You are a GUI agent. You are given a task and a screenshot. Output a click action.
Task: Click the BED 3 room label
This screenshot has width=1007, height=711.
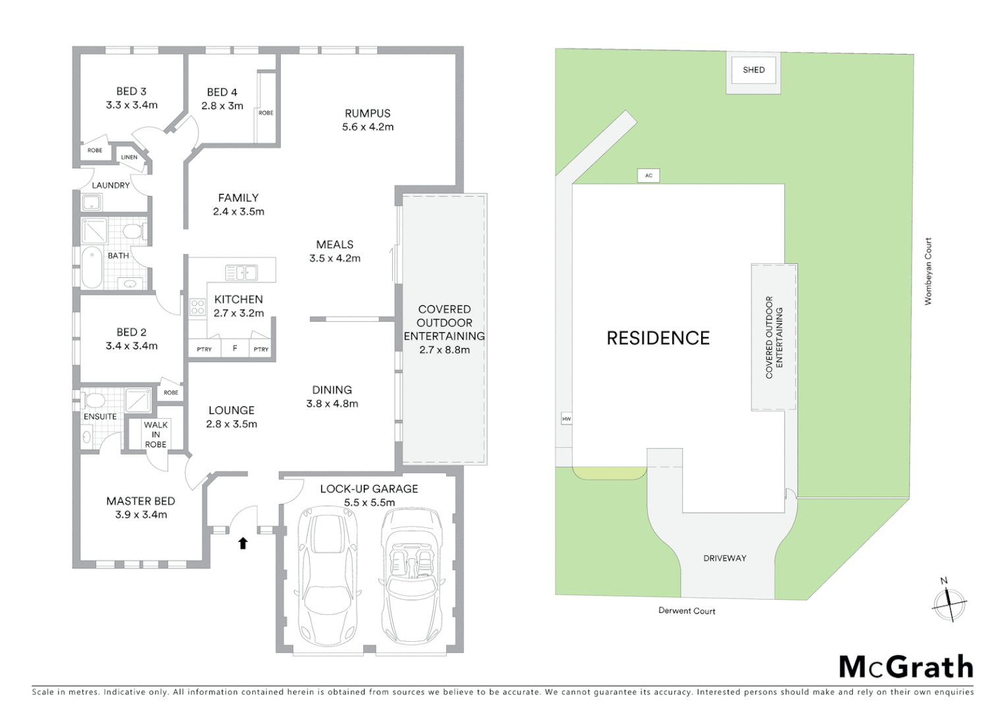[131, 92]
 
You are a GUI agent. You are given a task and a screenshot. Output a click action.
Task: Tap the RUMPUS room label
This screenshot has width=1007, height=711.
[367, 113]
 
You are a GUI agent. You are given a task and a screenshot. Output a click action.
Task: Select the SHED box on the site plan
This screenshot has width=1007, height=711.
[753, 70]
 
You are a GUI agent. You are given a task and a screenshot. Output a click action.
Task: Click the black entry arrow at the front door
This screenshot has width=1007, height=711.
[243, 543]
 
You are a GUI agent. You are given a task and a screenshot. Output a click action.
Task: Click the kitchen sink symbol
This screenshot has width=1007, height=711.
[241, 272]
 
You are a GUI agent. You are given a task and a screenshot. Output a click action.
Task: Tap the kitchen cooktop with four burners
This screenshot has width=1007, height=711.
[197, 307]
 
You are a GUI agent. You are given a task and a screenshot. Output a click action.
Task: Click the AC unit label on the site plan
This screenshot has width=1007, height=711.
[648, 175]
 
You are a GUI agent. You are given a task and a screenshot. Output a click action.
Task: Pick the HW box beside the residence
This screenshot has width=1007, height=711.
[566, 419]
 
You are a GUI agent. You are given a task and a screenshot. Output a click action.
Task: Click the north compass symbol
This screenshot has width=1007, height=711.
[948, 602]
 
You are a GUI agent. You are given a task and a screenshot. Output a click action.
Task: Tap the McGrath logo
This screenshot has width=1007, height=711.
[906, 667]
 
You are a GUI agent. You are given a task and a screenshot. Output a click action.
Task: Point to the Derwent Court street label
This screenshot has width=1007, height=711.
[687, 611]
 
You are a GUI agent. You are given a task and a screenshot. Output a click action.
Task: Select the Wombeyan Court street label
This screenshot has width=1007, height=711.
[928, 271]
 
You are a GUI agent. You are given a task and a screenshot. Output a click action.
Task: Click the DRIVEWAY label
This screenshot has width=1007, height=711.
[724, 558]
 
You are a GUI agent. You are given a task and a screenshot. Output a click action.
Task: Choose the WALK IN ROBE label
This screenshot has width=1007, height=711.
[156, 434]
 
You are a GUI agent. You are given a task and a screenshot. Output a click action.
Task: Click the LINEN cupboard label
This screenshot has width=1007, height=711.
[129, 157]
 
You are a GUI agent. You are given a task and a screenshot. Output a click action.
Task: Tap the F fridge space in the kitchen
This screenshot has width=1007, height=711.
[234, 349]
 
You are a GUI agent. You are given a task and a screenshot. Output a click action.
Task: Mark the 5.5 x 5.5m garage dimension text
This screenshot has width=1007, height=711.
[369, 502]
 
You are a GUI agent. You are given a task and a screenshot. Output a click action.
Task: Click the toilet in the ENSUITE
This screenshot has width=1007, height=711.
[95, 400]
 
